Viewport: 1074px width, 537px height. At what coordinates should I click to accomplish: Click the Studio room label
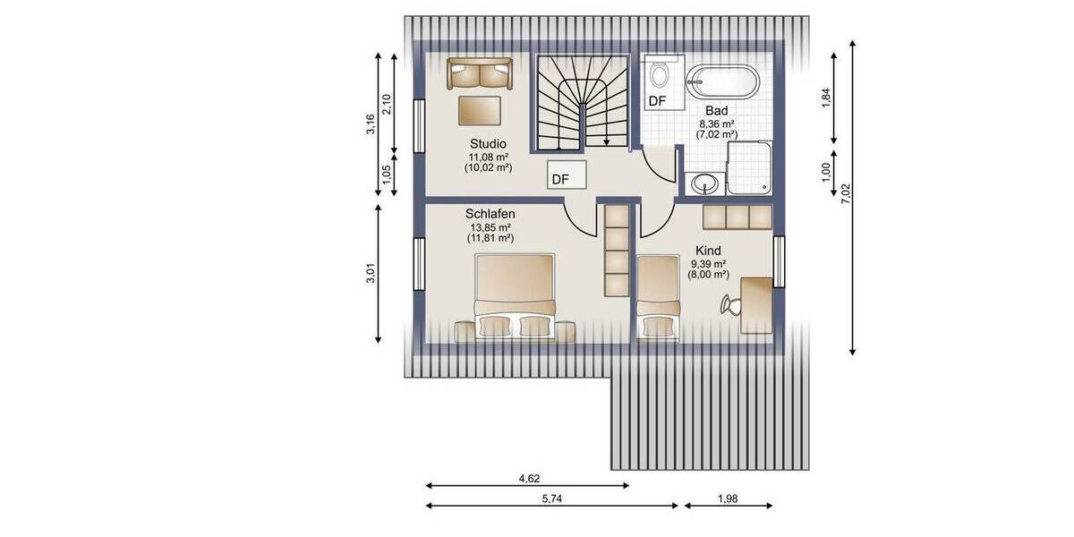(488, 143)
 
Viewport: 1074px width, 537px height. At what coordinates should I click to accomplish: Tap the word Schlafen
(489, 215)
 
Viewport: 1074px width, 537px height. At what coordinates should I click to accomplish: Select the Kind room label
(708, 251)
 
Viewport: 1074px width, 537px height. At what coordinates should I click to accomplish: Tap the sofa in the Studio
(479, 73)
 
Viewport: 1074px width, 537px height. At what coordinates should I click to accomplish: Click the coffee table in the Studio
(479, 110)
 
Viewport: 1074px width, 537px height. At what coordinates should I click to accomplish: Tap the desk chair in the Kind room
(730, 305)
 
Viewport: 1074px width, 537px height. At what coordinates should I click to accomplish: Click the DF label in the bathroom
(657, 101)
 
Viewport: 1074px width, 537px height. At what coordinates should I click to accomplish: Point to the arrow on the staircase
(607, 139)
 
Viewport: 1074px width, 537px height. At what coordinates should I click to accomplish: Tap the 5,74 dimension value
(552, 498)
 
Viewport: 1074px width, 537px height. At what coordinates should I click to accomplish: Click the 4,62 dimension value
(529, 478)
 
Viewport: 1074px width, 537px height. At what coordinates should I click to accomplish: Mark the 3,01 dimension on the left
(371, 273)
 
